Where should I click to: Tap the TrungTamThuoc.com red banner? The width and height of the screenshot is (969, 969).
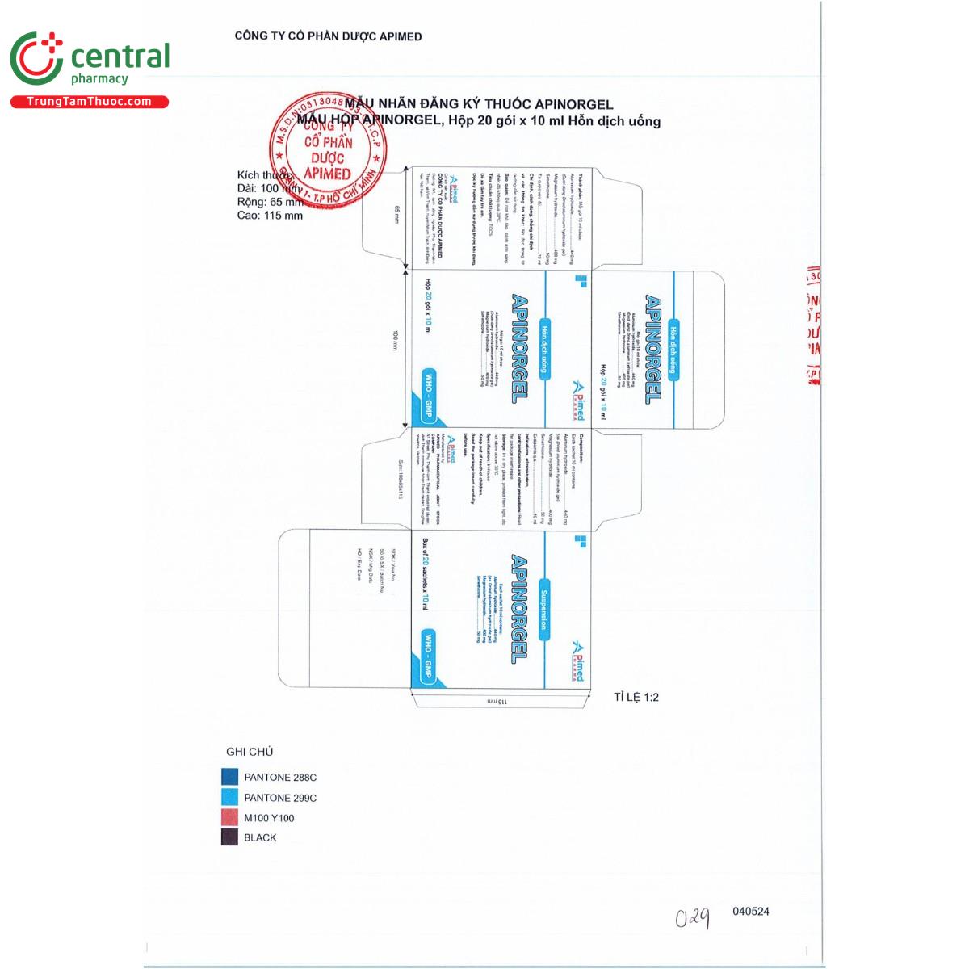click(89, 102)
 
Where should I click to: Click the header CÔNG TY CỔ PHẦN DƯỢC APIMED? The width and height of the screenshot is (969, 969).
click(328, 36)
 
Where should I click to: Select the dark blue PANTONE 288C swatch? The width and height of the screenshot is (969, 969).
click(230, 777)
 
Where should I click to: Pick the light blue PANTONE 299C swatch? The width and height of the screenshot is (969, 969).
click(230, 797)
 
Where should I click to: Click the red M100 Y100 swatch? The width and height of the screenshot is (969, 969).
click(230, 817)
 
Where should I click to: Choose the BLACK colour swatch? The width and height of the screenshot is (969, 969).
click(230, 837)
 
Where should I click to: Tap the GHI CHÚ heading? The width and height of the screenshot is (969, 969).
click(250, 752)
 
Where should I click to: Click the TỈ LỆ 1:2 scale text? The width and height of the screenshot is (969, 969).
click(636, 697)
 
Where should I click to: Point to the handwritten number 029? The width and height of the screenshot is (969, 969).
click(693, 918)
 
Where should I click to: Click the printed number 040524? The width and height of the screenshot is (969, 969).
click(751, 911)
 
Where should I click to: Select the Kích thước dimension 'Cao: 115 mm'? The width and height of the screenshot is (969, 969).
click(271, 216)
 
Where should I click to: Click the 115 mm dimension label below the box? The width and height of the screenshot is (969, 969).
click(497, 703)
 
